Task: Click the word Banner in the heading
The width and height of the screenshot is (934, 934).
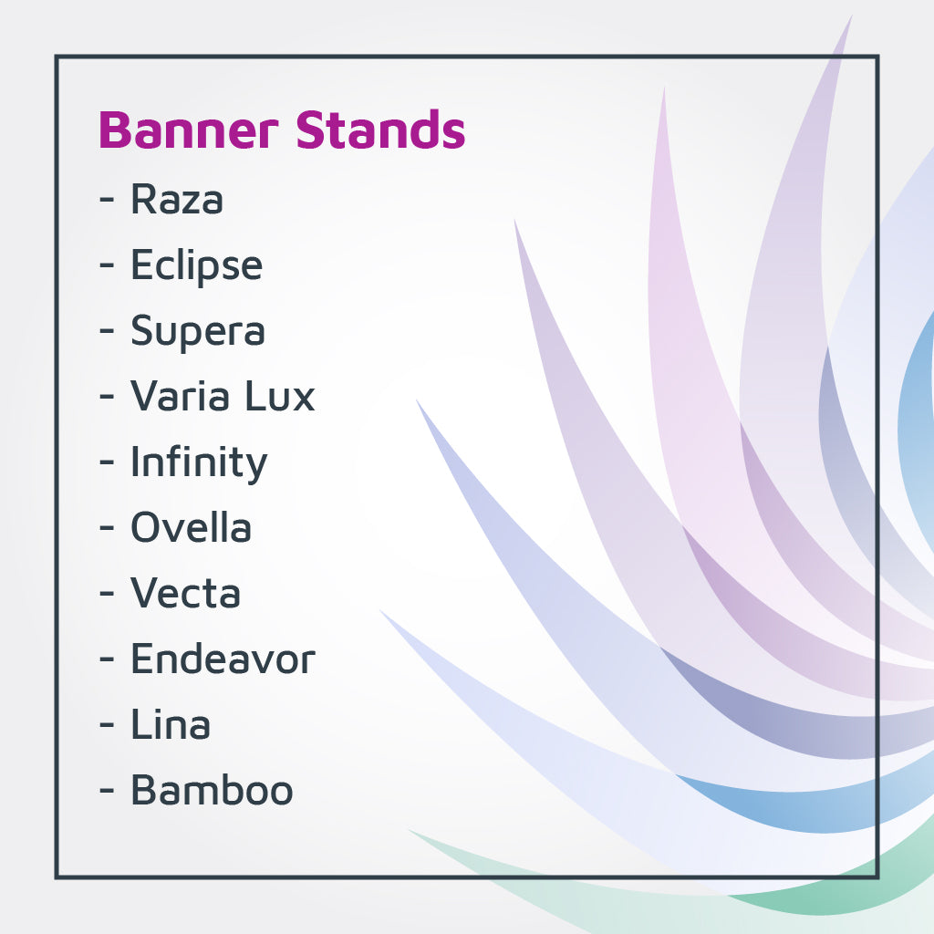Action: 188,130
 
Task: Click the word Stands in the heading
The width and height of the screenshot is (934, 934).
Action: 381,130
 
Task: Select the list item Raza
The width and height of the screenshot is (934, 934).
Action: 177,199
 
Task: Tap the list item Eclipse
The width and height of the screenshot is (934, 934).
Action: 196,265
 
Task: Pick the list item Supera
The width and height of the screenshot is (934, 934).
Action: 198,331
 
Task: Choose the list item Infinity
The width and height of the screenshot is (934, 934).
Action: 199,462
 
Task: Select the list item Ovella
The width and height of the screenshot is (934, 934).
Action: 191,528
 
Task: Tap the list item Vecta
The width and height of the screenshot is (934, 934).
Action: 186,594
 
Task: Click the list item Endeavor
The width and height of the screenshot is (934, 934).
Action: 223,659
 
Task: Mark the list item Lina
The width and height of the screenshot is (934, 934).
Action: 171,725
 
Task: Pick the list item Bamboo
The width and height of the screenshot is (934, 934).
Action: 212,790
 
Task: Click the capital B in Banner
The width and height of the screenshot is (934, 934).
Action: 113,130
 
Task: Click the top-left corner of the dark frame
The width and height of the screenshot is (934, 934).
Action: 57,57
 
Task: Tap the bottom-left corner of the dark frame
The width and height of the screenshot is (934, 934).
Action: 57,877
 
